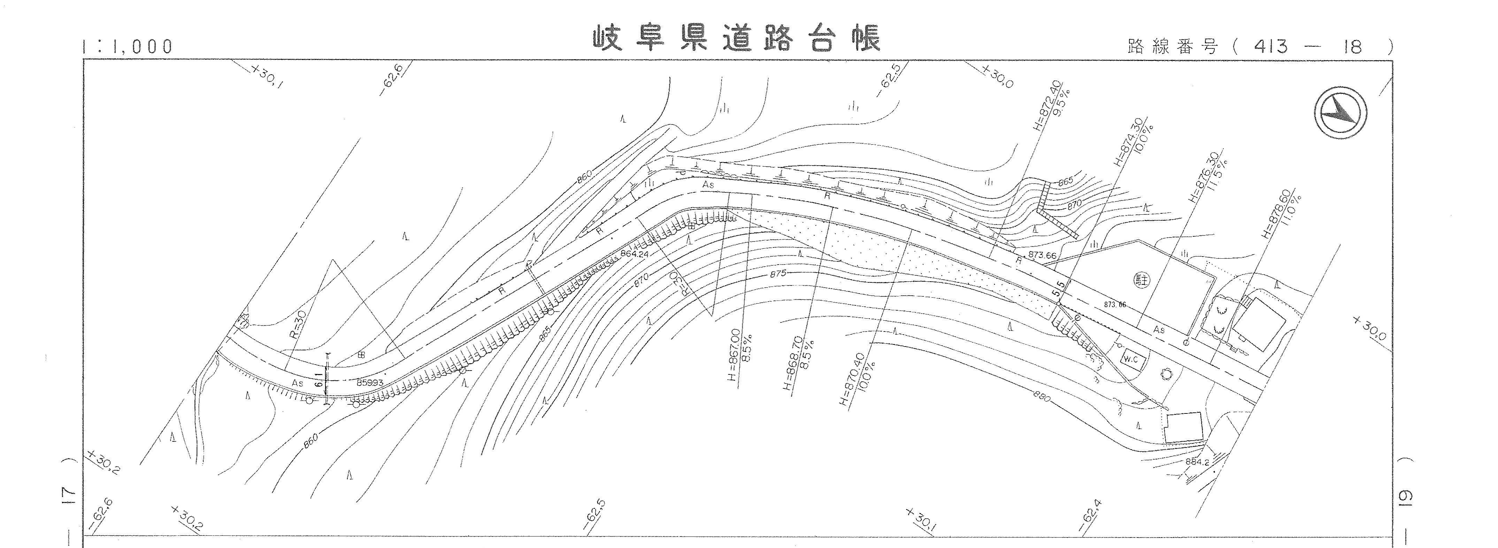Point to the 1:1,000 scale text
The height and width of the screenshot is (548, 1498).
point(128,47)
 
